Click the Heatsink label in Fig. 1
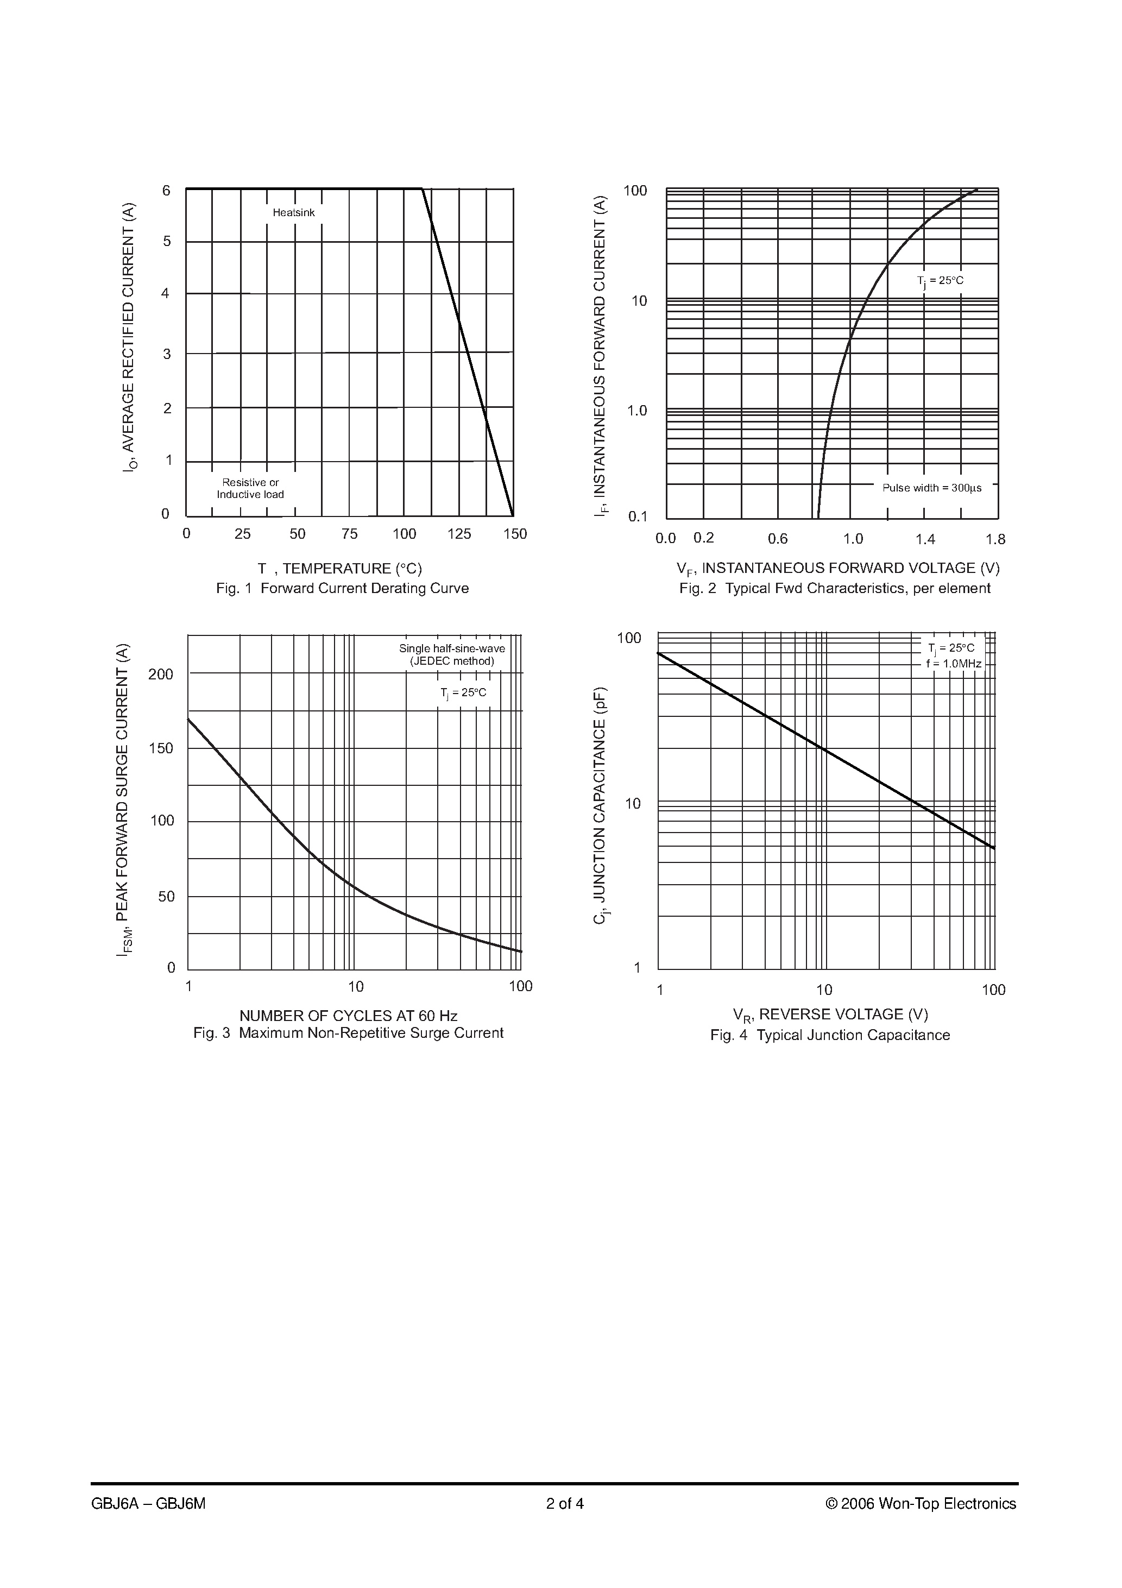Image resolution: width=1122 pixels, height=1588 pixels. [293, 213]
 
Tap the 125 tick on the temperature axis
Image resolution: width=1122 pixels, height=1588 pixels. [459, 534]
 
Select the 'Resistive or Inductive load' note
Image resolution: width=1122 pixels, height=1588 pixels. [250, 488]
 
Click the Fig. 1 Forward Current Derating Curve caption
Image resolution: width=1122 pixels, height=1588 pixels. [342, 589]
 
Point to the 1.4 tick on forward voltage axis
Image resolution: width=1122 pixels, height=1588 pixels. [925, 539]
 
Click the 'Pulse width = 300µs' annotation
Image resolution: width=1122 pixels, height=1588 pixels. [932, 488]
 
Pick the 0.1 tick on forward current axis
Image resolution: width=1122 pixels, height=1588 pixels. [638, 516]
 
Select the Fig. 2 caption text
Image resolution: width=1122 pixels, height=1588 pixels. [834, 589]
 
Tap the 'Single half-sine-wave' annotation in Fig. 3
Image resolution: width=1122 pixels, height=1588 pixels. [452, 649]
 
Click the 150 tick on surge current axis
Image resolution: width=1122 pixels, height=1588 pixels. [161, 748]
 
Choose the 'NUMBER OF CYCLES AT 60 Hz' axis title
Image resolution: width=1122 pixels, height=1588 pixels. [348, 1016]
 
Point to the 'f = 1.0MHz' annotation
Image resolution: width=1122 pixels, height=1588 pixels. [954, 664]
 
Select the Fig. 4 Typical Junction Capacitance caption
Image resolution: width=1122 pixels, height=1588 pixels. [830, 1035]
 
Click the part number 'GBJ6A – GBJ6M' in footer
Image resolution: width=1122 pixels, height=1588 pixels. [148, 1504]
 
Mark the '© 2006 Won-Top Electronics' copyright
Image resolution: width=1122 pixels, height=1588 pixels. [921, 1504]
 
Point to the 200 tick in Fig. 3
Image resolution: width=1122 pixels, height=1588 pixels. [161, 675]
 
